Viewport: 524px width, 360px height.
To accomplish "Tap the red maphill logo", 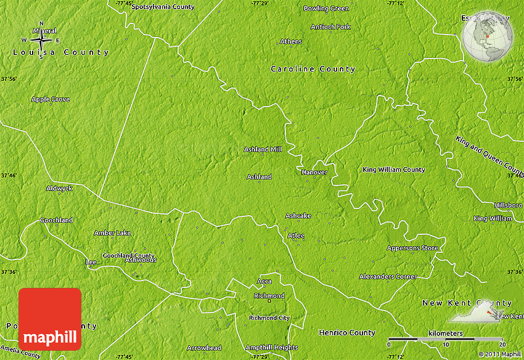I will click(50, 318).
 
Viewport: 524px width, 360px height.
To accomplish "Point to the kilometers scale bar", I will click(446, 340).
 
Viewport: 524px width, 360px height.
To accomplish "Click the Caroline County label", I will click(313, 69).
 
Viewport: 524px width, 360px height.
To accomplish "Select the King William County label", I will click(393, 170).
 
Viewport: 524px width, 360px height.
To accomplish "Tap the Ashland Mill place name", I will click(263, 149).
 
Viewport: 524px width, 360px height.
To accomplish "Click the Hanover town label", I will click(314, 172).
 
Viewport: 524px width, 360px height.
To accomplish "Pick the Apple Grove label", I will click(51, 99).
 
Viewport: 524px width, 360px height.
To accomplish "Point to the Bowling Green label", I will click(326, 9).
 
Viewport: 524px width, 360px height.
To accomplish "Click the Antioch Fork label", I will click(330, 27).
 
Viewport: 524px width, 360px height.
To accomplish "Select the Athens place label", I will click(291, 41).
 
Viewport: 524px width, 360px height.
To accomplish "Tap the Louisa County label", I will click(60, 52).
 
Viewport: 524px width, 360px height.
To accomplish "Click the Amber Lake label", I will click(112, 233).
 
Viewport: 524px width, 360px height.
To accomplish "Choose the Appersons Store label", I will click(412, 248).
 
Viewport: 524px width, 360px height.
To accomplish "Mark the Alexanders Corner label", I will click(388, 277).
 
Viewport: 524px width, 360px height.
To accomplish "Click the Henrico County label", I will click(346, 333).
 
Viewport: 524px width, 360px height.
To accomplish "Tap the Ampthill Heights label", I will click(271, 348).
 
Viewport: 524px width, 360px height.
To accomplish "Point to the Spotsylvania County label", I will click(163, 7).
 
